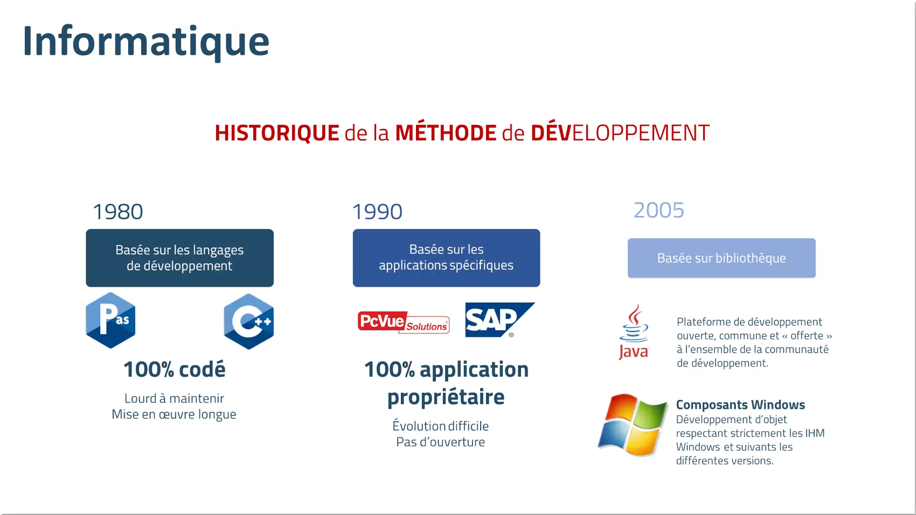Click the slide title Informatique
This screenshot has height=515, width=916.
pyautogui.click(x=146, y=41)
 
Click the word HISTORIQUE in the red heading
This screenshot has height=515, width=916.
pyautogui.click(x=277, y=133)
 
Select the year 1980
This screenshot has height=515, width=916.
pyautogui.click(x=118, y=212)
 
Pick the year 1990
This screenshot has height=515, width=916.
pyautogui.click(x=377, y=212)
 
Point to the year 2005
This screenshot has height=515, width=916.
pyautogui.click(x=658, y=210)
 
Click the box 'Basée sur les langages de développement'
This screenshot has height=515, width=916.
pyautogui.click(x=179, y=258)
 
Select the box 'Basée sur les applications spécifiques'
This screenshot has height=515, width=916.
pyautogui.click(x=446, y=258)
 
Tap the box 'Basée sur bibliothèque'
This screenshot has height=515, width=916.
pyautogui.click(x=721, y=258)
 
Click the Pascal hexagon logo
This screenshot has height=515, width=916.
pyautogui.click(x=110, y=320)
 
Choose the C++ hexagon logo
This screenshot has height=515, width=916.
pyautogui.click(x=248, y=321)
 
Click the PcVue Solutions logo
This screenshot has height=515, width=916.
pyautogui.click(x=403, y=322)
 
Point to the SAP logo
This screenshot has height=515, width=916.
pyautogui.click(x=499, y=319)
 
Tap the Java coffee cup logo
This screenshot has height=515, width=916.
pyautogui.click(x=634, y=331)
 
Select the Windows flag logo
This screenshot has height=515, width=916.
pyautogui.click(x=632, y=425)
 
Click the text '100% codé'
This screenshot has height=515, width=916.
pyautogui.click(x=174, y=370)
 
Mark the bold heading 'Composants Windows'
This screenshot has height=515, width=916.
pyautogui.click(x=740, y=405)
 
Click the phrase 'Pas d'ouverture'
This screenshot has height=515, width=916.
pyautogui.click(x=440, y=442)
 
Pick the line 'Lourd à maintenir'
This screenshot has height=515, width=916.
pyautogui.click(x=174, y=398)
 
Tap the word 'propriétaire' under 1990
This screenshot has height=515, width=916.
pyautogui.click(x=446, y=397)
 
